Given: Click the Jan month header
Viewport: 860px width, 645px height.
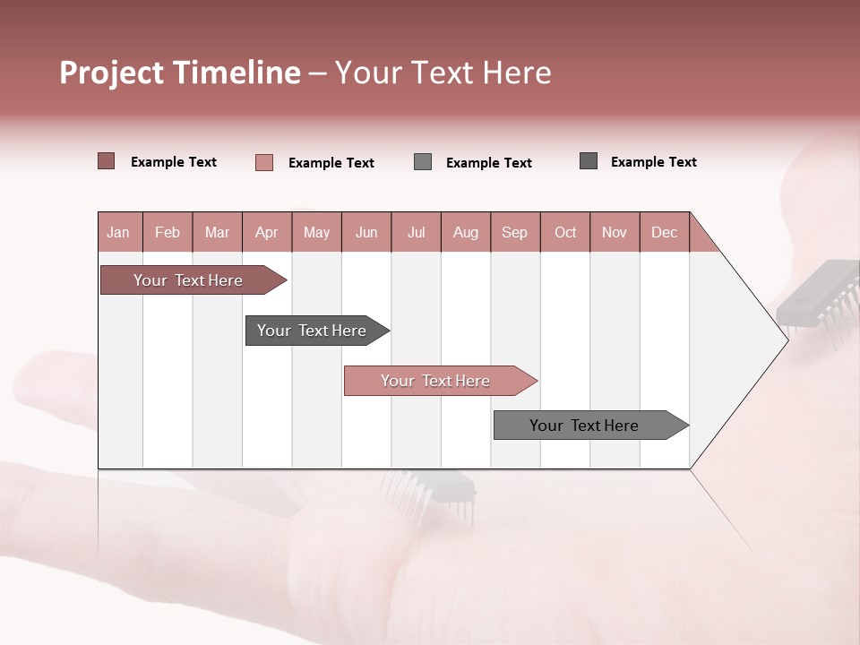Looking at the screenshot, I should click(118, 232).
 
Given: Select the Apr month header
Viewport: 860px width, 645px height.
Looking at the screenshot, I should click(266, 232).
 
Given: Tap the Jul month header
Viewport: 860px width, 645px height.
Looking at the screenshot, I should click(416, 232).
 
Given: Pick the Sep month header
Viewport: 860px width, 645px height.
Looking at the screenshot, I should click(514, 232).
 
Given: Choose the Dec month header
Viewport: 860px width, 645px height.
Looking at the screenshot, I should click(664, 232).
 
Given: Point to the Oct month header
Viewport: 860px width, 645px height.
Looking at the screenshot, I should click(565, 232).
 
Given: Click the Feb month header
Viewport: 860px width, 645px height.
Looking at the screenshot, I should click(168, 232).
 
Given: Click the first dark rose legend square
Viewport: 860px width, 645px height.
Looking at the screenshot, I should click(107, 161).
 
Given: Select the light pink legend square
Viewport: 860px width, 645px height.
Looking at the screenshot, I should click(264, 162).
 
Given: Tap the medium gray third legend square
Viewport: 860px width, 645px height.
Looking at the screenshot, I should click(423, 162).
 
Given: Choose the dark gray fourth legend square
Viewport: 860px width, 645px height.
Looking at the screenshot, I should click(589, 161).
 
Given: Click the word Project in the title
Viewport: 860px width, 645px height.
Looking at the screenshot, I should click(112, 73).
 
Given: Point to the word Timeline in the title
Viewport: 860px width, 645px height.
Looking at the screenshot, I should click(236, 73).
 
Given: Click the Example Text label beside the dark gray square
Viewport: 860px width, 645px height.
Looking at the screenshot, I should click(653, 162).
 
